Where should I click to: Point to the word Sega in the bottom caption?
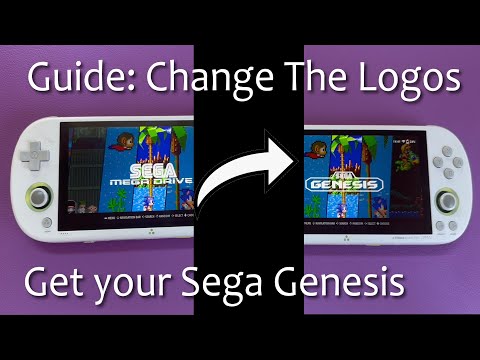(231, 283)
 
